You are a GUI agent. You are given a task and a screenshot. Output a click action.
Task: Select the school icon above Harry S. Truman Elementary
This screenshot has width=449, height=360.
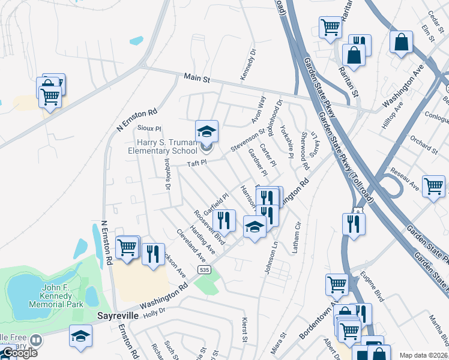click(x=206, y=131)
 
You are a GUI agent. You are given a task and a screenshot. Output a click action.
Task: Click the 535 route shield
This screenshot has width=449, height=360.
click(x=205, y=271)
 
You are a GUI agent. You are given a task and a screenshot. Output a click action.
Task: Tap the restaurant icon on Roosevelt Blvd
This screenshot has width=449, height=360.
click(x=224, y=220)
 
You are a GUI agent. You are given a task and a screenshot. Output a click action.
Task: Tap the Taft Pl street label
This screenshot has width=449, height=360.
click(x=196, y=163)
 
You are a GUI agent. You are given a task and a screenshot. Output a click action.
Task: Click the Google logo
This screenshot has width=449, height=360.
click(x=19, y=353)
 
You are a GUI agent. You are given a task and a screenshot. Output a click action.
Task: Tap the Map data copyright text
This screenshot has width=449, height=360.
click(x=423, y=355)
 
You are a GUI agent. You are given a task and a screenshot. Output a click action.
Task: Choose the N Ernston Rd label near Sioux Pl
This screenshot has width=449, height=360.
click(x=137, y=119)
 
